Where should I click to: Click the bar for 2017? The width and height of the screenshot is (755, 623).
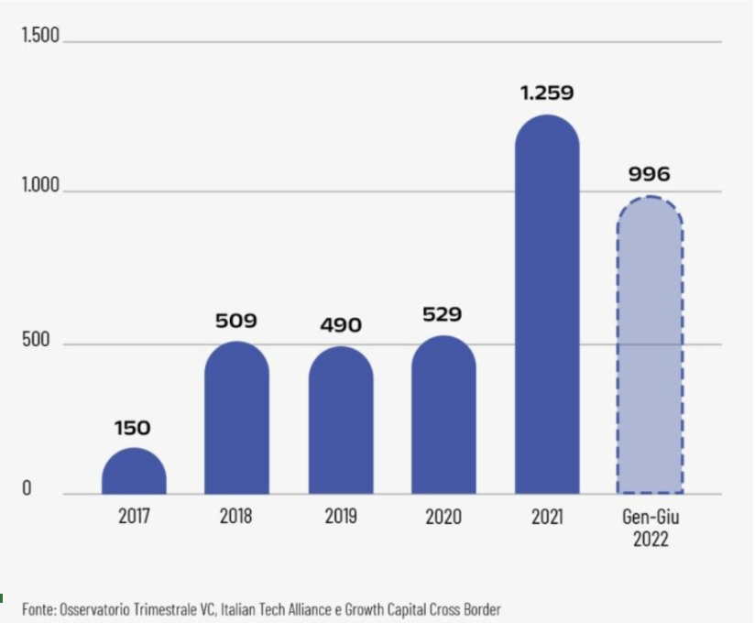click(134, 472)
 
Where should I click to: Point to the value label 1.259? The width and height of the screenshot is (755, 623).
click(547, 93)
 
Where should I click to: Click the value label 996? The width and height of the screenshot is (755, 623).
click(650, 174)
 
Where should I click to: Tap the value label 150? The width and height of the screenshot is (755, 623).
click(133, 428)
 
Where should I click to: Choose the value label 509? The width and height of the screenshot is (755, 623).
click(236, 322)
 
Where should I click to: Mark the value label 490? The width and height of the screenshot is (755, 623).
click(341, 325)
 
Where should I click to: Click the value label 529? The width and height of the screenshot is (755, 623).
click(443, 315)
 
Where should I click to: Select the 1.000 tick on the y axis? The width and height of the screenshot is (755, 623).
click(40, 187)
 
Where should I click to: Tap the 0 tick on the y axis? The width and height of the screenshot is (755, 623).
click(27, 488)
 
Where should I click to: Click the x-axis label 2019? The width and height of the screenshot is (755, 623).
click(341, 517)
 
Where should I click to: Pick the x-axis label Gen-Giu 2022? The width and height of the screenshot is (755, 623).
click(650, 528)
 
